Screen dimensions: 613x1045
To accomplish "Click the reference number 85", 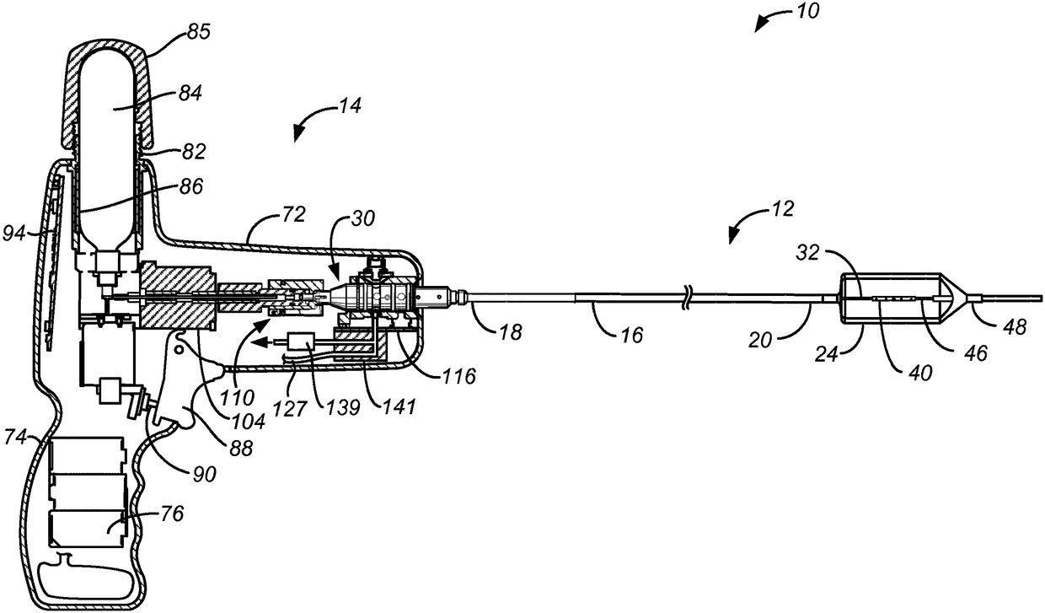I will [200, 34].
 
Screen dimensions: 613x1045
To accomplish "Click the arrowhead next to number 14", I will [298, 133].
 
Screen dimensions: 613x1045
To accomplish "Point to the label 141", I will [397, 409].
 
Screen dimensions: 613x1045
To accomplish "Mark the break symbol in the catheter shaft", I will [689, 296].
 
